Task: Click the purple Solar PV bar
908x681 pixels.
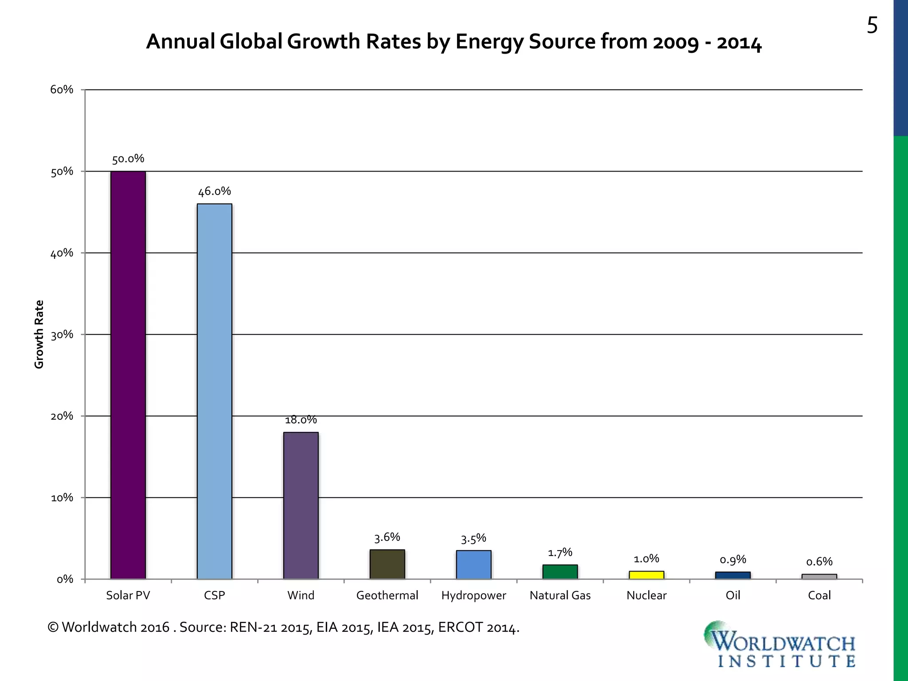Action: (128, 375)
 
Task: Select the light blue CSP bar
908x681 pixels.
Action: (215, 391)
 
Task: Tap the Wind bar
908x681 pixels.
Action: (301, 505)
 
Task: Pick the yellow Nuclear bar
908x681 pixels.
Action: (646, 575)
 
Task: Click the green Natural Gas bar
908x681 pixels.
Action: (560, 572)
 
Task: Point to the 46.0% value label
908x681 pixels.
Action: (215, 192)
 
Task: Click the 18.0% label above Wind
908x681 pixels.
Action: (301, 420)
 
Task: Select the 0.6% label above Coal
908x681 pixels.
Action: (819, 562)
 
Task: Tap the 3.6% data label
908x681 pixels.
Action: (387, 537)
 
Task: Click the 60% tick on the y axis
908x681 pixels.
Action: (62, 90)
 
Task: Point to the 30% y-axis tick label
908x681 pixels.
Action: (62, 335)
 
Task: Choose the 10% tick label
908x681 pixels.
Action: (62, 498)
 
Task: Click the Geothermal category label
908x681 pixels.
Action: (387, 595)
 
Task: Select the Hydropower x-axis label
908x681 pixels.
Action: (474, 595)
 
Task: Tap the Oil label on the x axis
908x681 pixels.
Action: (733, 595)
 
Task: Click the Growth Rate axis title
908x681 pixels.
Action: (39, 334)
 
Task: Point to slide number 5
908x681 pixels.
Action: (872, 26)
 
